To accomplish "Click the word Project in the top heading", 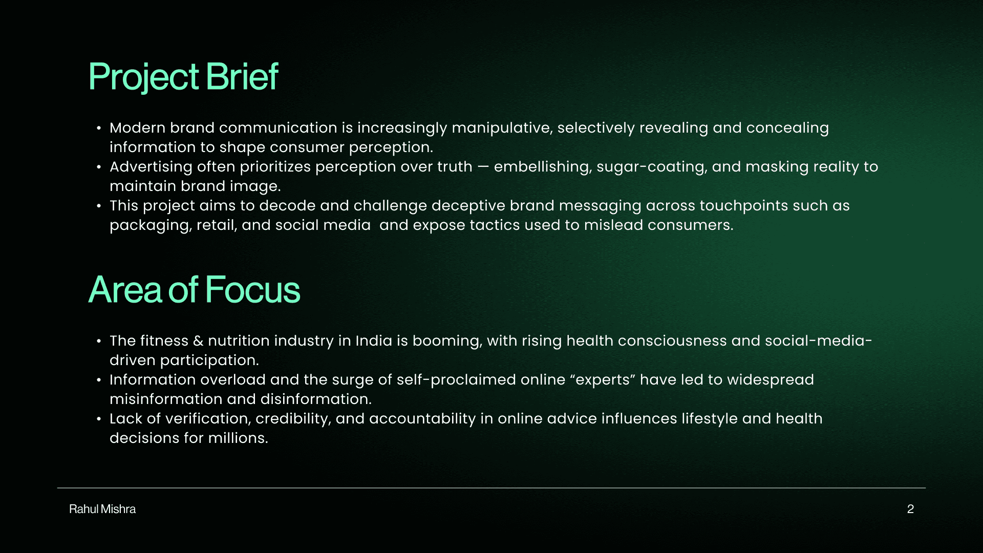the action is coord(144,77).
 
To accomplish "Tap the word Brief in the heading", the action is coord(242,76).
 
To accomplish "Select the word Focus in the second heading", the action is coord(252,290).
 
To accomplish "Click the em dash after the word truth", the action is coord(483,167).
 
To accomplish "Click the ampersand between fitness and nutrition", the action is coord(198,341).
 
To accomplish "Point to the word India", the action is coord(374,341).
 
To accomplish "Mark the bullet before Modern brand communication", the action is coord(99,128).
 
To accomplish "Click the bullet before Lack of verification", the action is coord(99,419).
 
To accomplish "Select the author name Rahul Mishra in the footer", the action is coord(102,509).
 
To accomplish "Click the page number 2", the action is coord(910,509).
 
